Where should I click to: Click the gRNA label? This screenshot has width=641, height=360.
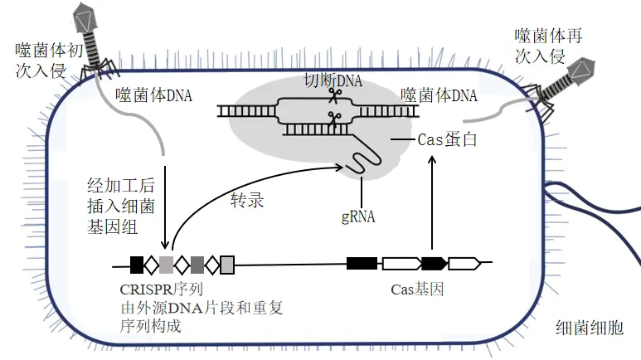(x=358, y=217)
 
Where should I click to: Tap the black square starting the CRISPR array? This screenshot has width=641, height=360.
(x=137, y=265)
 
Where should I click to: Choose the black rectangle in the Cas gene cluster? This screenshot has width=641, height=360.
(x=362, y=264)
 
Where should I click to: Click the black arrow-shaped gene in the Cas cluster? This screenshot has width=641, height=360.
(x=435, y=264)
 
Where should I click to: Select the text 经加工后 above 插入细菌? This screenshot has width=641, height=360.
(x=121, y=185)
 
